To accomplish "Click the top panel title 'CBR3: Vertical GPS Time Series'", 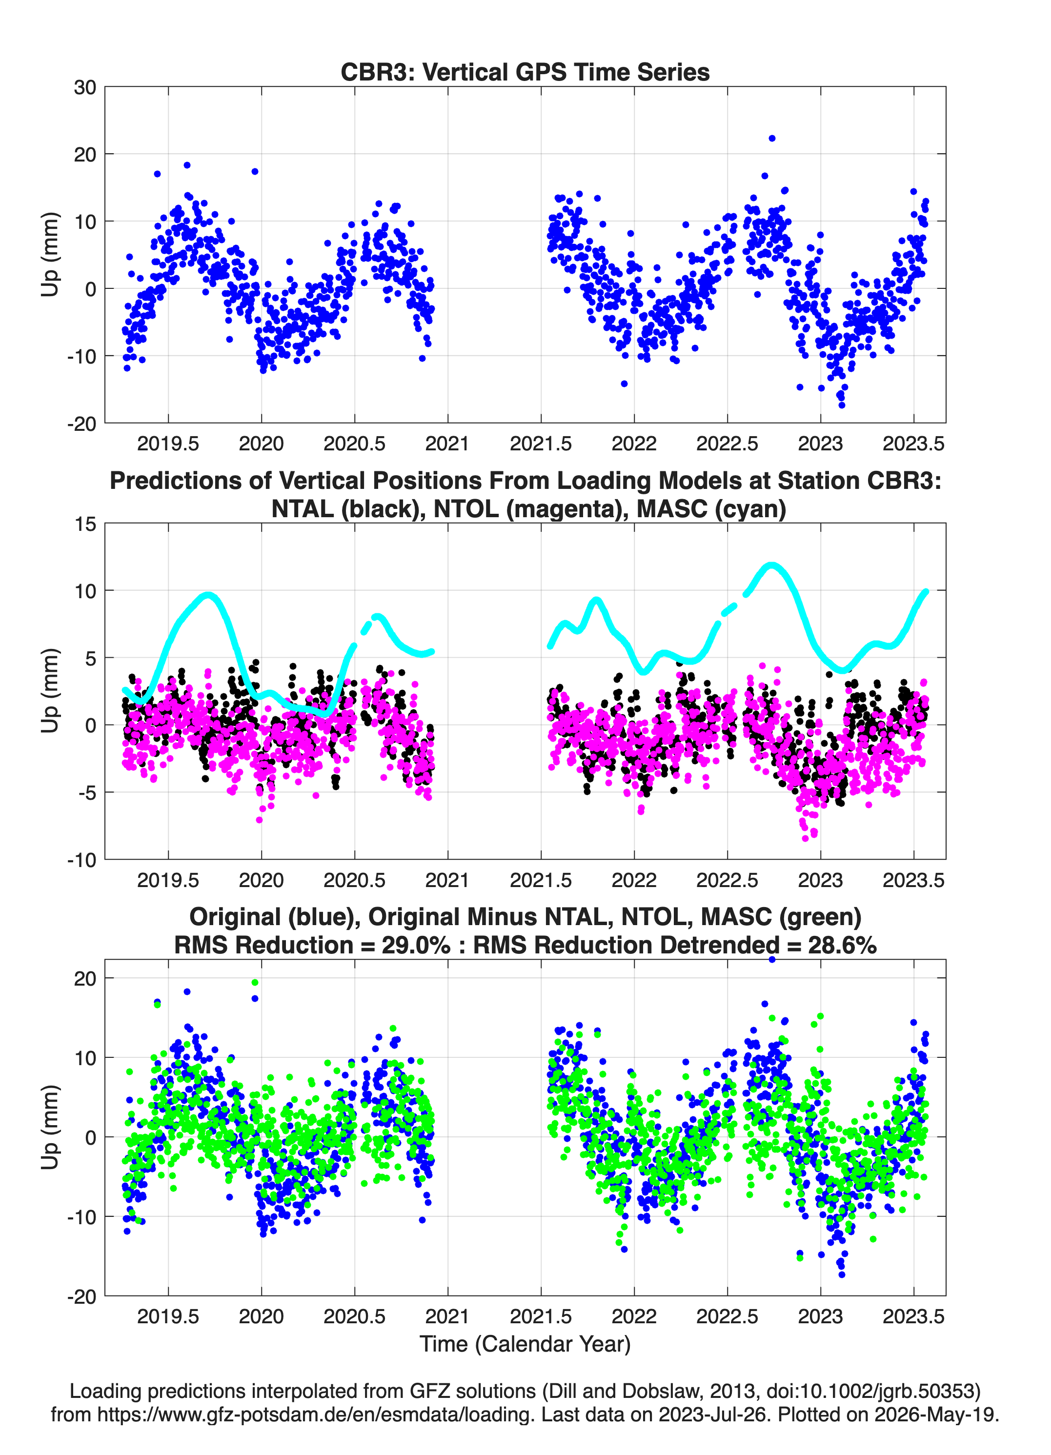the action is coord(525,72).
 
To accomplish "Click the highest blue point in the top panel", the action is coord(772,139).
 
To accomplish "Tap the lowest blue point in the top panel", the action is coord(842,405).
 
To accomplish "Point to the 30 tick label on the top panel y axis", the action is coord(85,87).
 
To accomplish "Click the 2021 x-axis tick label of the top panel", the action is coord(447,444).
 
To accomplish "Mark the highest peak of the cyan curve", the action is coord(772,565).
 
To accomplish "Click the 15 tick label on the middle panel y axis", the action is coord(85,524).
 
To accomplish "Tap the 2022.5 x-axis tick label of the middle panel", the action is coord(727,880).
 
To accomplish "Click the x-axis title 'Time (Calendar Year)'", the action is coord(525,1344).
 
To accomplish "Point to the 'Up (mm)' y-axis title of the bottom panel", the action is coord(50,1127).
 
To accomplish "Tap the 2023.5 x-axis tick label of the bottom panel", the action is coord(914,1316).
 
